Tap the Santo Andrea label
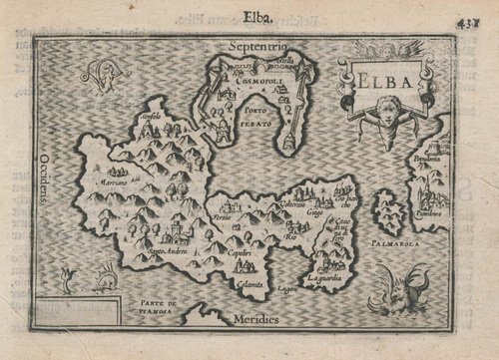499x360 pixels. [143, 251]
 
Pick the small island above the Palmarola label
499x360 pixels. [387, 212]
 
